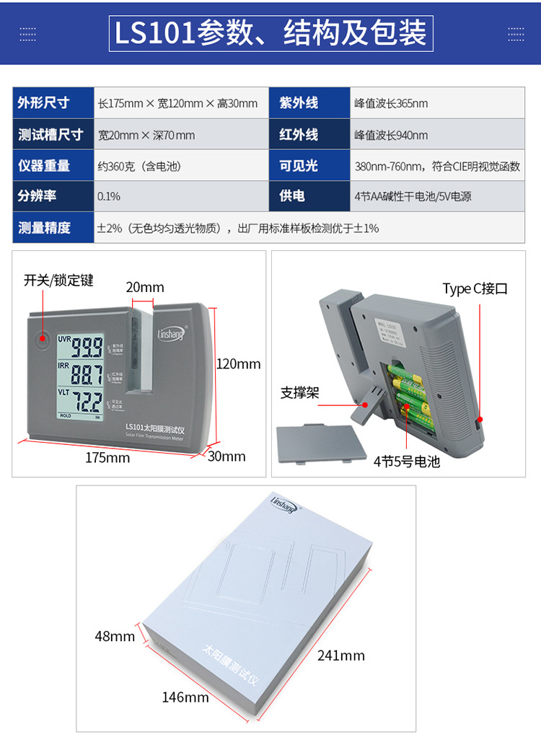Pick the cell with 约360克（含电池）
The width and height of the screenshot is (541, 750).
139,166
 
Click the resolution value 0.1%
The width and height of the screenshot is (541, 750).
109,196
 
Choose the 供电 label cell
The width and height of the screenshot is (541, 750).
292,196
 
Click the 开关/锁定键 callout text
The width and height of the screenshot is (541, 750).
58,280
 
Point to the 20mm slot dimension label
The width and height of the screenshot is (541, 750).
145,287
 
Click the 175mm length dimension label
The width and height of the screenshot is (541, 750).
107,457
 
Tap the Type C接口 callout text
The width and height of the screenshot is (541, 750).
475,288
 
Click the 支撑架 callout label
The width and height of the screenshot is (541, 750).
299,393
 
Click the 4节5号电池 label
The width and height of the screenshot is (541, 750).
406,462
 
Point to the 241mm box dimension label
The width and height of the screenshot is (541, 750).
341,655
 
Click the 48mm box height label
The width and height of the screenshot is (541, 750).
115,636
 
